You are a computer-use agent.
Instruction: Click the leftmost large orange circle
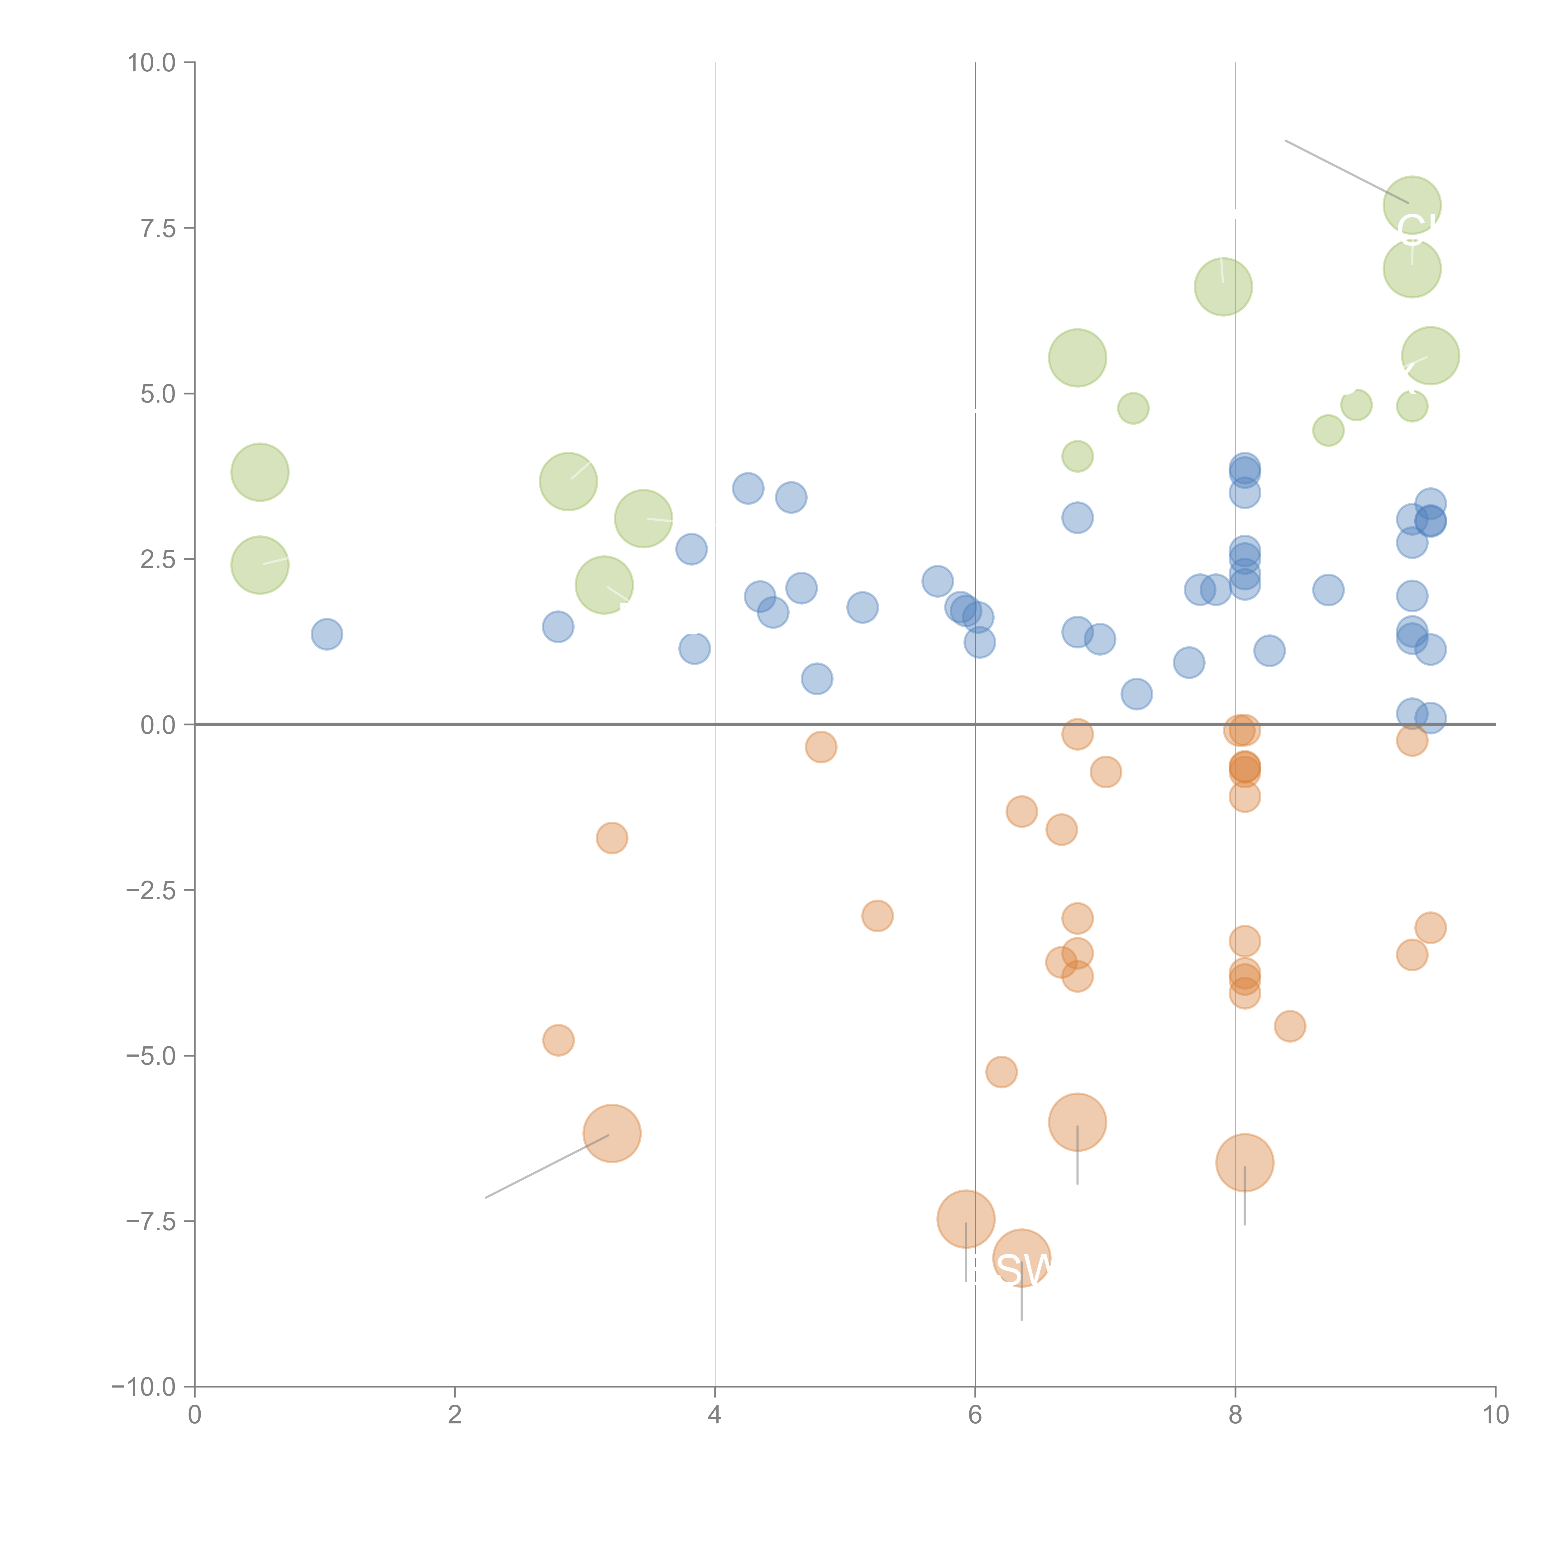click(612, 1133)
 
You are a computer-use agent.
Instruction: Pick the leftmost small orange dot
click(558, 1040)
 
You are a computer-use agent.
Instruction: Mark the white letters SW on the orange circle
click(1024, 1270)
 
